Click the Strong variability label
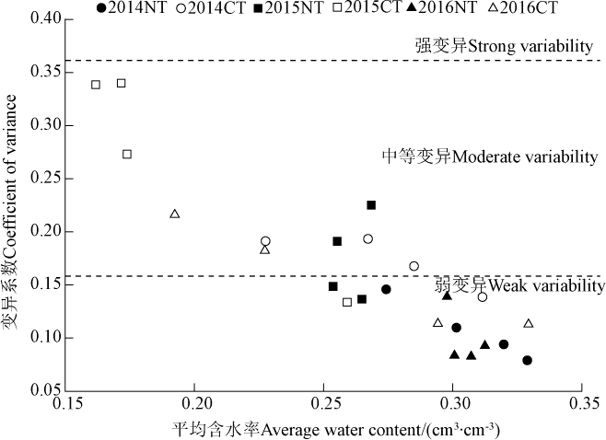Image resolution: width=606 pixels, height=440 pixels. (506, 45)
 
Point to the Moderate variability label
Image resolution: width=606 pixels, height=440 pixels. (489, 156)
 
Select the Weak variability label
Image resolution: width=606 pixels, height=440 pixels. (520, 286)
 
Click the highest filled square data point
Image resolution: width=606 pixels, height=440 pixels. (371, 204)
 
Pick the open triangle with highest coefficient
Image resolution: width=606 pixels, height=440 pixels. (175, 214)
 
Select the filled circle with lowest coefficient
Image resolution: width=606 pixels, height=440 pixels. (527, 360)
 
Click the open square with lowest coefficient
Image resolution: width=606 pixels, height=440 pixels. (347, 302)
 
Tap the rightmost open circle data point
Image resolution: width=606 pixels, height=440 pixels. (483, 296)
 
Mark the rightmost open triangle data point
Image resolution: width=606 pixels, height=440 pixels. (529, 323)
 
